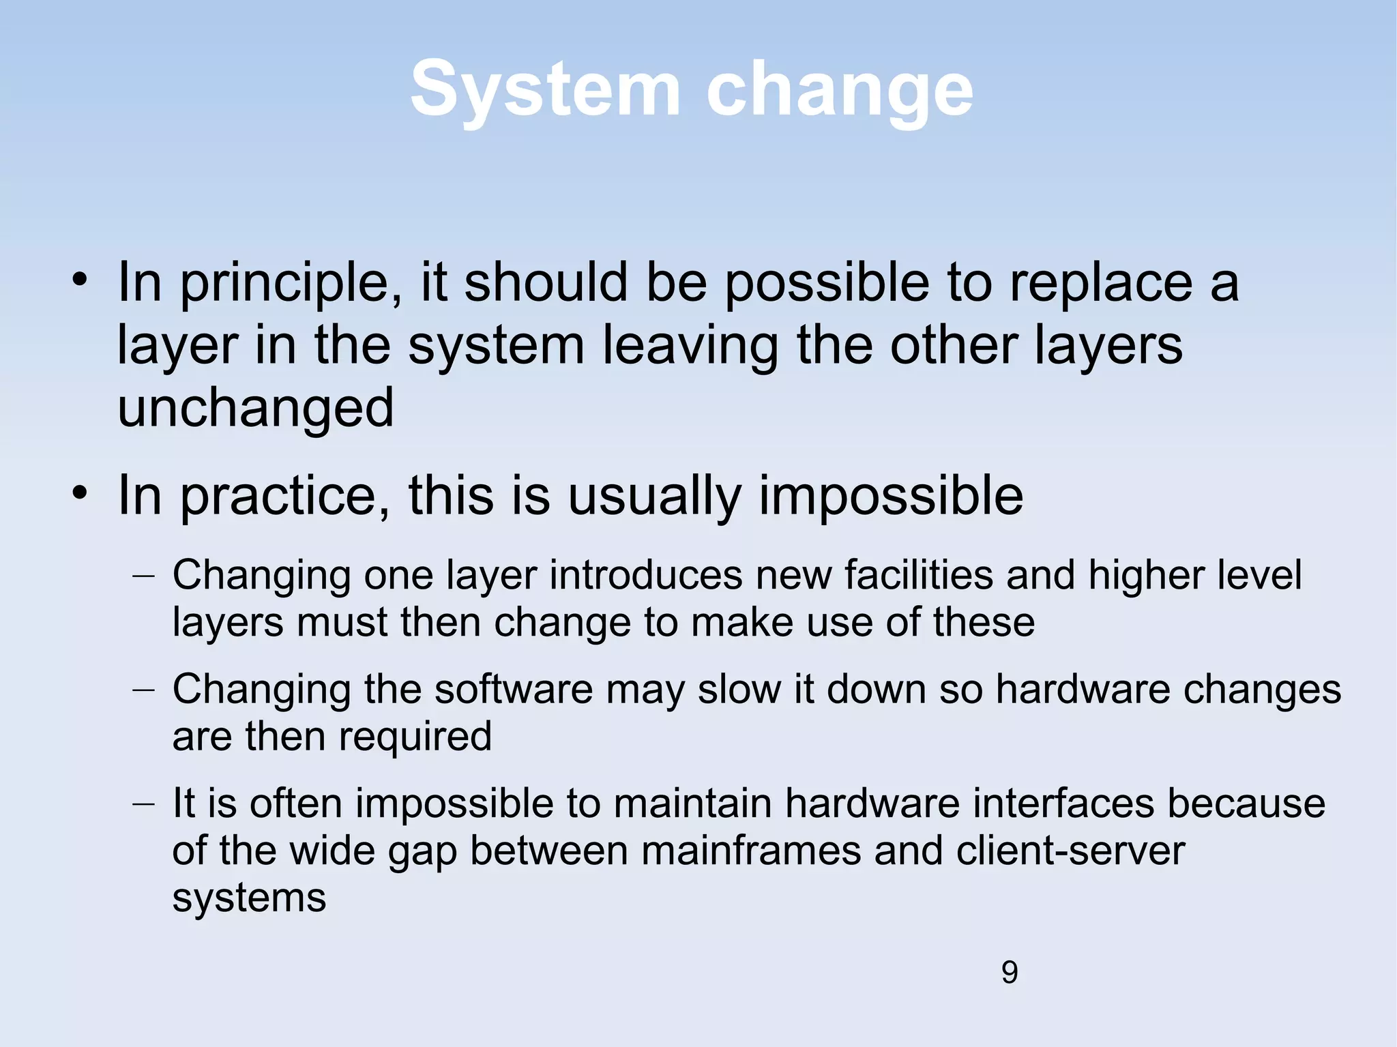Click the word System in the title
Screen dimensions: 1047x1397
544,90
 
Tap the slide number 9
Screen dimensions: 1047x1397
1010,972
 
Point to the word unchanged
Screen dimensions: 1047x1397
256,407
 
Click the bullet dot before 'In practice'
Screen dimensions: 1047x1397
80,492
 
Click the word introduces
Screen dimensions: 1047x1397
645,575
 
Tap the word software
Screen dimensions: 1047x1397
514,689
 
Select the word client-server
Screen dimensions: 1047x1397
1070,851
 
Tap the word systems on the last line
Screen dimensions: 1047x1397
249,898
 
